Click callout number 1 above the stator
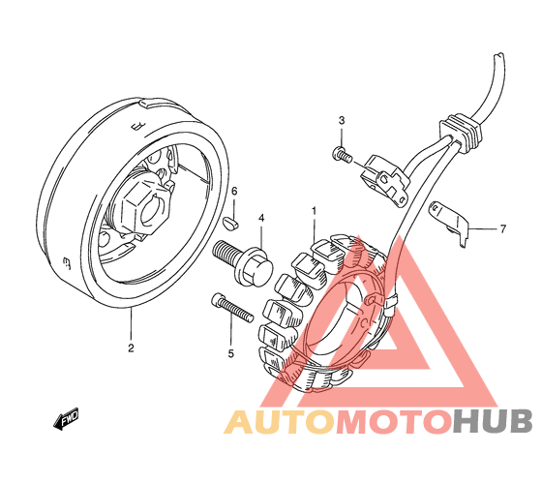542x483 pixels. point(314,211)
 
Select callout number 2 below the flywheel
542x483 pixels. point(131,347)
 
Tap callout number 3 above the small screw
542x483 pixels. point(342,120)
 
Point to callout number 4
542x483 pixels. point(261,218)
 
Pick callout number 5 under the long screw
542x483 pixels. point(231,353)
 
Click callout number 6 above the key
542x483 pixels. point(234,191)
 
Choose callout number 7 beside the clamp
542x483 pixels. point(503,228)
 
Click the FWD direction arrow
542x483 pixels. point(66,419)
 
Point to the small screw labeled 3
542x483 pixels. point(342,154)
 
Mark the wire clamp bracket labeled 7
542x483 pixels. point(449,224)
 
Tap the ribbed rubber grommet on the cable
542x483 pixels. point(460,132)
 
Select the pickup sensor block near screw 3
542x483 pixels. point(385,180)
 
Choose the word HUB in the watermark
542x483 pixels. point(493,421)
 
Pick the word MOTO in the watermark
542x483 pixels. point(394,421)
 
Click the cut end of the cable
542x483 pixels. point(499,55)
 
